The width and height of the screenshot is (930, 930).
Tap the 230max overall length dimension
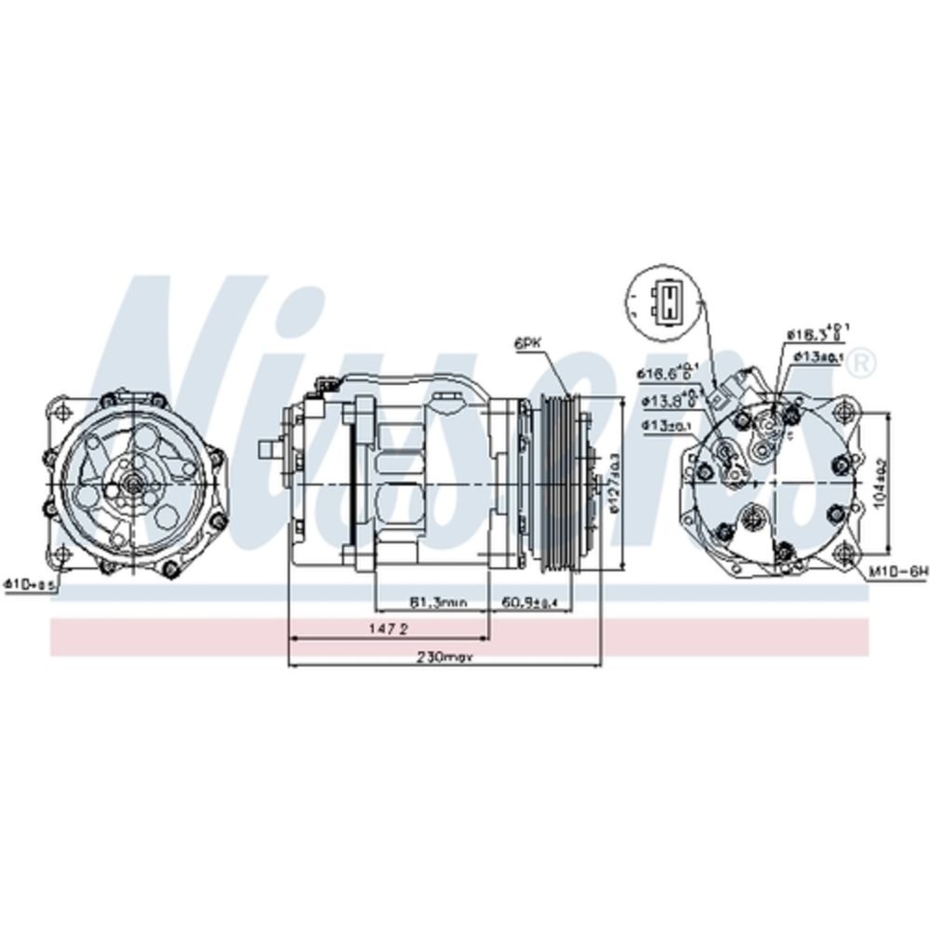[445, 657]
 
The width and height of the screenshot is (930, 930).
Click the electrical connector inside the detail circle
[666, 299]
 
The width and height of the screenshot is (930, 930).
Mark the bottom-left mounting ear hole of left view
[62, 555]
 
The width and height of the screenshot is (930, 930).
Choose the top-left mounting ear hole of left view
[62, 412]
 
